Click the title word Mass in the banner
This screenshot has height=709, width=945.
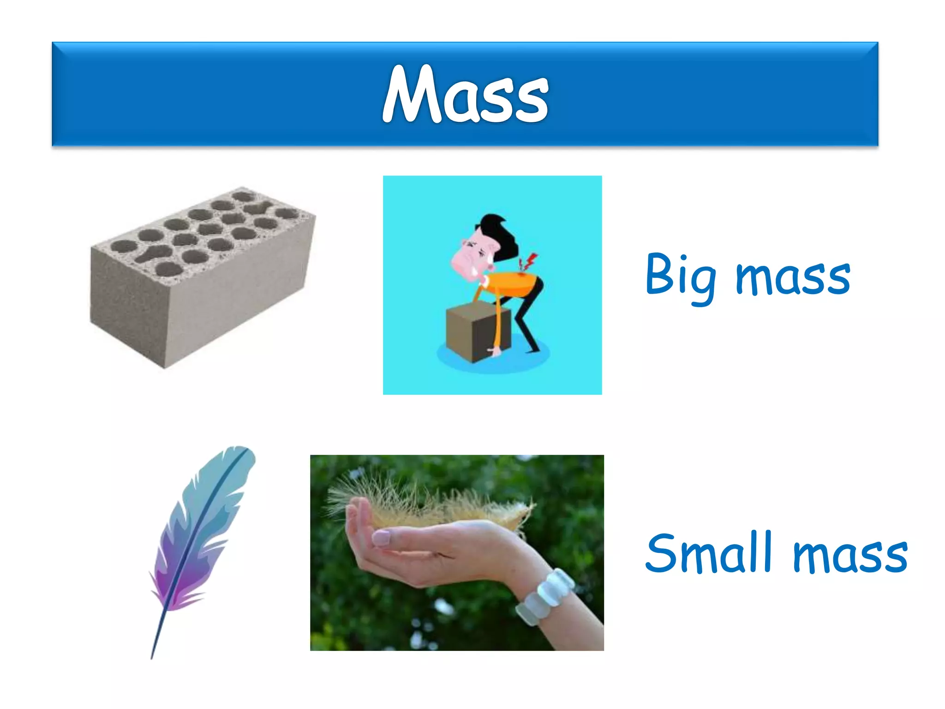click(465, 95)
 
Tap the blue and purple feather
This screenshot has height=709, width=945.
click(203, 531)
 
